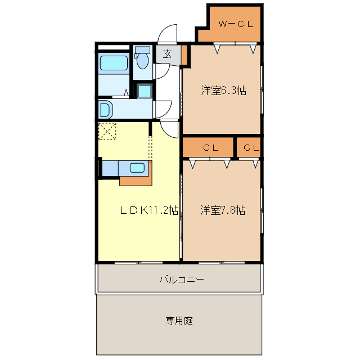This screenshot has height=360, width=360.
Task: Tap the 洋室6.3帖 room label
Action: [223, 90]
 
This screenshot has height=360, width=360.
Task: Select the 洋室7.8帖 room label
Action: [223, 210]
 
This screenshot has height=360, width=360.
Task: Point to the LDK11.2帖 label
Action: [149, 210]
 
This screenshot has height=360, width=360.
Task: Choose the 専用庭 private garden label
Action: [179, 321]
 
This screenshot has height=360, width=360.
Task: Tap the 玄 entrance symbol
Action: [168, 55]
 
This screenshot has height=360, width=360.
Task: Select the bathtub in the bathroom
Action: [114, 64]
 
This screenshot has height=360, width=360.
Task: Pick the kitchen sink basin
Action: [137, 167]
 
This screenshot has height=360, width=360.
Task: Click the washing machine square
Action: [145, 91]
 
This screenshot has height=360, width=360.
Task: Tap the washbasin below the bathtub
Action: [105, 109]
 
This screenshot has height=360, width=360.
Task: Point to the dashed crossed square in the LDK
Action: [107, 131]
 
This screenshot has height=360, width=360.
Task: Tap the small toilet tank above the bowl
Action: [143, 50]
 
